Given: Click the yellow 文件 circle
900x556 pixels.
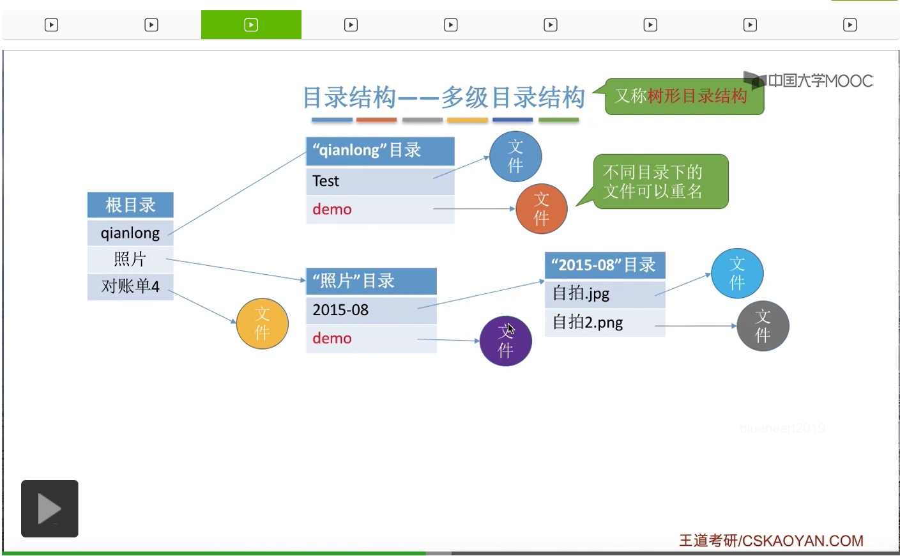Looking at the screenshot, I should (x=262, y=323).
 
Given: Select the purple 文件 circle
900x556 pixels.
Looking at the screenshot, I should (x=505, y=341).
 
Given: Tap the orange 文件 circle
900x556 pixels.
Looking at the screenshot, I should (x=541, y=209).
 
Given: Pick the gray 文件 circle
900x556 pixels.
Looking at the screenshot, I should (x=763, y=326).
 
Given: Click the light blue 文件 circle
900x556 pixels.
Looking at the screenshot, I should (x=737, y=274).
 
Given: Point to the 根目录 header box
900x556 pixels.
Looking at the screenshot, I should (x=130, y=205).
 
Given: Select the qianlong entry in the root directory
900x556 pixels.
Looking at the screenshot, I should (x=130, y=233).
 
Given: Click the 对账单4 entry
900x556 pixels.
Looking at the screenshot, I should (x=130, y=286).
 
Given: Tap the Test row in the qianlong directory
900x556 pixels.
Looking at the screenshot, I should (x=380, y=181).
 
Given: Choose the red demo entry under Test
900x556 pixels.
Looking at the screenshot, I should (x=332, y=210).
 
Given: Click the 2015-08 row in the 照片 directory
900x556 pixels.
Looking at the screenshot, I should (x=371, y=310).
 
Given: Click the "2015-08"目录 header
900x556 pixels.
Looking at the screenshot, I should (x=604, y=265).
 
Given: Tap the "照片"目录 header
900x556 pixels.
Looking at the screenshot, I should (x=371, y=281).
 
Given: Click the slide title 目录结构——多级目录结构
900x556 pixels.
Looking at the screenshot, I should (x=443, y=98).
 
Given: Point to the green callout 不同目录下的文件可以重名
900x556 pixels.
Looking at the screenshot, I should (x=660, y=181).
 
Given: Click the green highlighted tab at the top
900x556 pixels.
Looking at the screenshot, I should (x=251, y=25).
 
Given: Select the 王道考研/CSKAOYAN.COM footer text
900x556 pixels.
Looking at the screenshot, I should (x=770, y=541).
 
